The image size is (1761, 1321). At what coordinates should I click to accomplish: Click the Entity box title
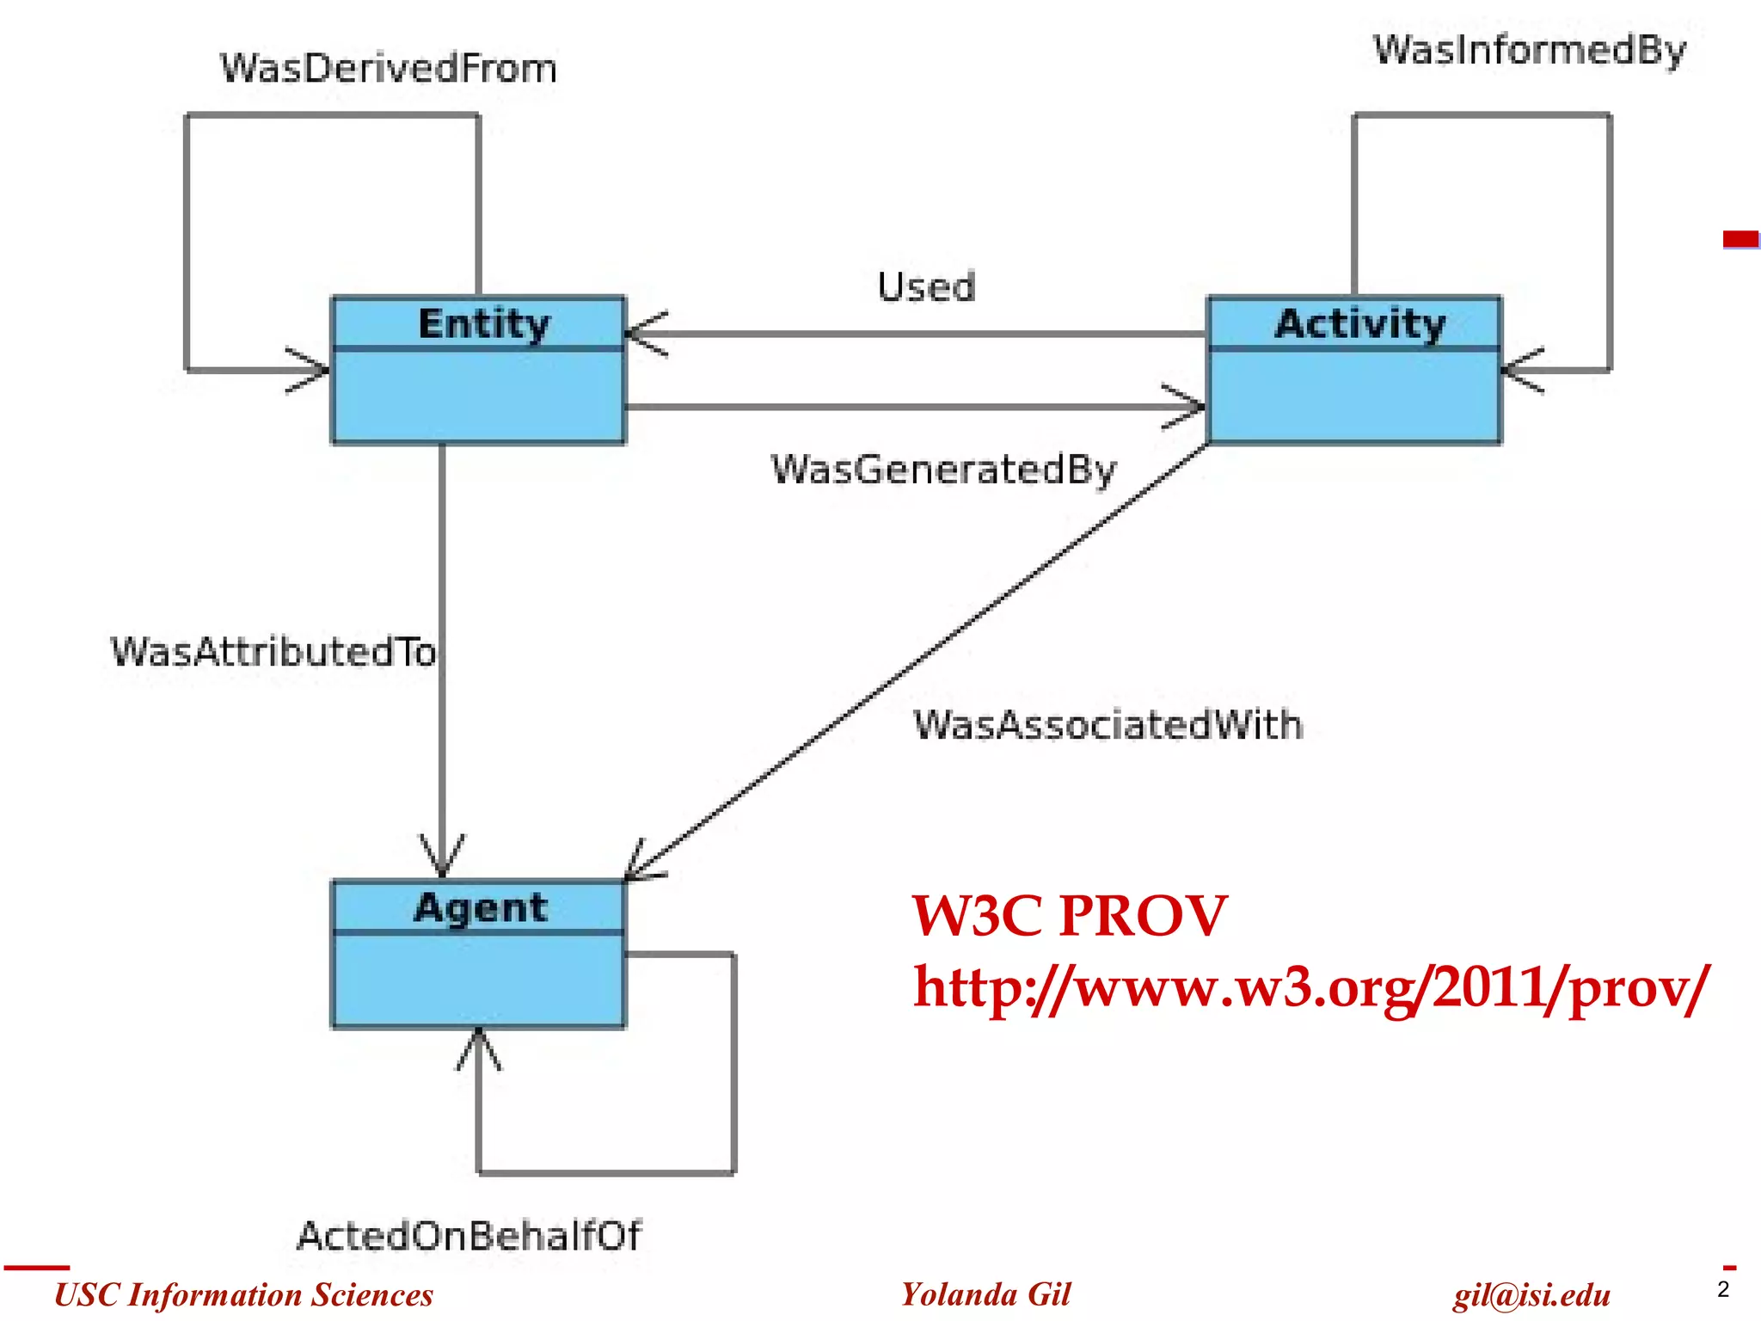click(x=483, y=323)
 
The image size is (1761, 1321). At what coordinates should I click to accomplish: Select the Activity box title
click(x=1359, y=323)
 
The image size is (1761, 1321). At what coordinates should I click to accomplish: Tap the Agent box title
click(x=481, y=907)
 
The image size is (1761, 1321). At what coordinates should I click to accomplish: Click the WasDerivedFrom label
click(x=389, y=69)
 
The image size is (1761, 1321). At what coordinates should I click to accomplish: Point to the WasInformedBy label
click(x=1529, y=50)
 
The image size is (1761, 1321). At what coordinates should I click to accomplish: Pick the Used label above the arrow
click(x=926, y=287)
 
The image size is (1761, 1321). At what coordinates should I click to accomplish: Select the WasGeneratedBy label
click(x=943, y=470)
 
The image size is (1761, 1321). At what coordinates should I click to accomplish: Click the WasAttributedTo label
click(x=273, y=652)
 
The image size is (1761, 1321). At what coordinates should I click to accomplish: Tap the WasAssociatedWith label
click(x=1108, y=725)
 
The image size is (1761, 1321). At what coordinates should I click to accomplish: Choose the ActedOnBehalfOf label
click(x=469, y=1236)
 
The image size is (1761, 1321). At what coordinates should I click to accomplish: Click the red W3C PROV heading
click(x=1069, y=915)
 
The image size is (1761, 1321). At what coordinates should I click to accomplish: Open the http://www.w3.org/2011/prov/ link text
click(x=1310, y=987)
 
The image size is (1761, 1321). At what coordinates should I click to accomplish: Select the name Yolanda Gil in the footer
click(x=985, y=1294)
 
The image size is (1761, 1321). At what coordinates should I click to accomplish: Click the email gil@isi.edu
click(x=1531, y=1295)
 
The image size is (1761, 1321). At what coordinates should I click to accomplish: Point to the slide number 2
click(x=1722, y=1289)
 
